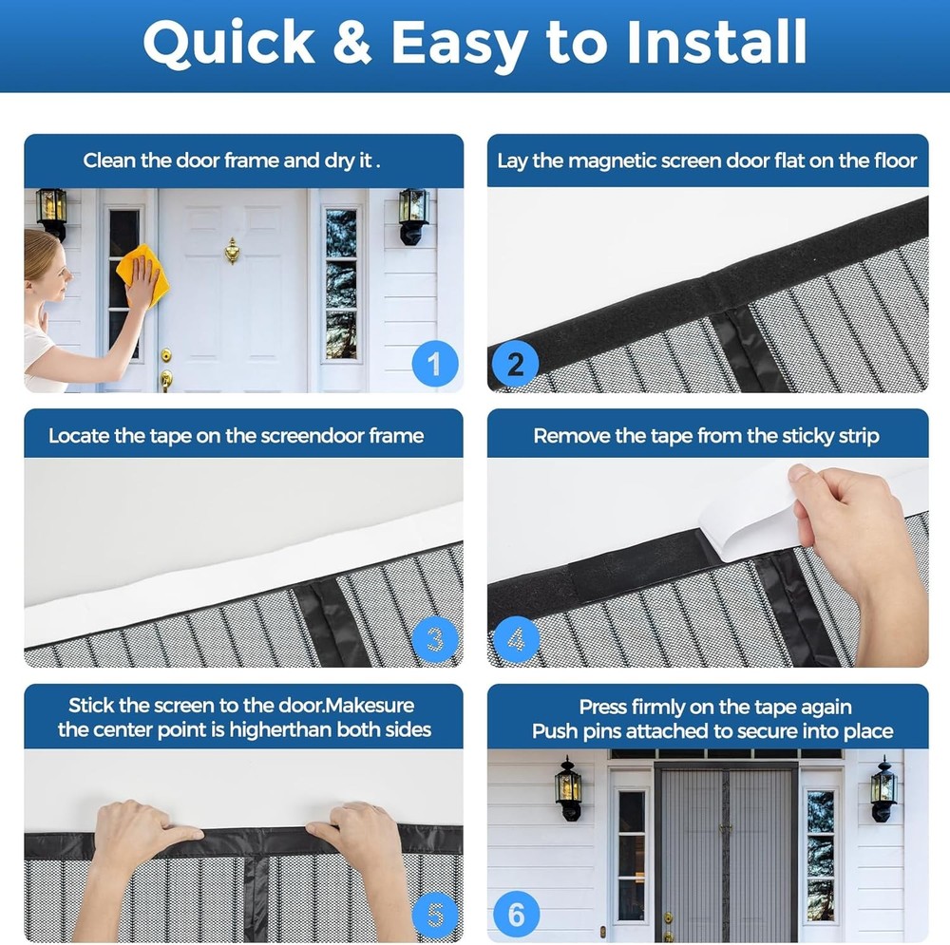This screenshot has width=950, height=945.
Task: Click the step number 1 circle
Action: click(x=435, y=365)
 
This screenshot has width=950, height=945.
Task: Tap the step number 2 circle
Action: click(x=516, y=365)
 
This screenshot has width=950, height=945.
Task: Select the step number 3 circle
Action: click(x=435, y=640)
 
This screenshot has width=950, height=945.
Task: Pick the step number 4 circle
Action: click(x=516, y=640)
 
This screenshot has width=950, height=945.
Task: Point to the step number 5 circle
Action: click(x=435, y=915)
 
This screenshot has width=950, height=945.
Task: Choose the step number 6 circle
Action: click(x=516, y=915)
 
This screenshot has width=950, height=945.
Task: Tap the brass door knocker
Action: click(x=232, y=251)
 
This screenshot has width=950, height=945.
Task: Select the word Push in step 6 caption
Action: click(x=552, y=731)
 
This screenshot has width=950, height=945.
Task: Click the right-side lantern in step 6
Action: click(x=883, y=787)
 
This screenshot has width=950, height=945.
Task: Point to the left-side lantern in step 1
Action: click(x=51, y=212)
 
